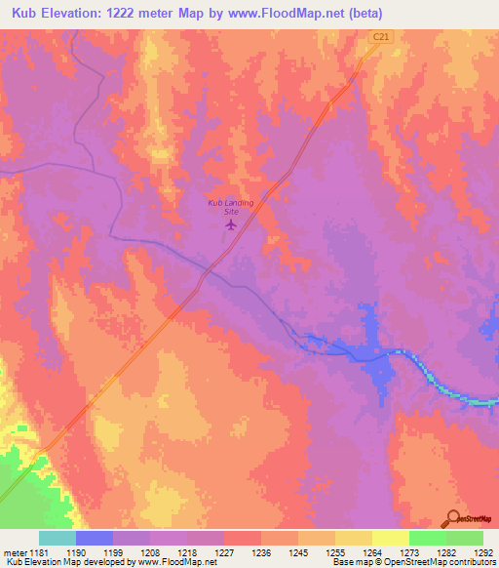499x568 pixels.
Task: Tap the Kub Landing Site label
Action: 231,206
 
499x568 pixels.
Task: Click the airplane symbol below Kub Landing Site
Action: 231,225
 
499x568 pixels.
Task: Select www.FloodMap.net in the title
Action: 290,14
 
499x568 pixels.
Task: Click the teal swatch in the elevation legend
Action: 58,538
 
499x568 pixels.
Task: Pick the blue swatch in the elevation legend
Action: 95,538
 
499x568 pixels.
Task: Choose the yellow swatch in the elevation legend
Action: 391,538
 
